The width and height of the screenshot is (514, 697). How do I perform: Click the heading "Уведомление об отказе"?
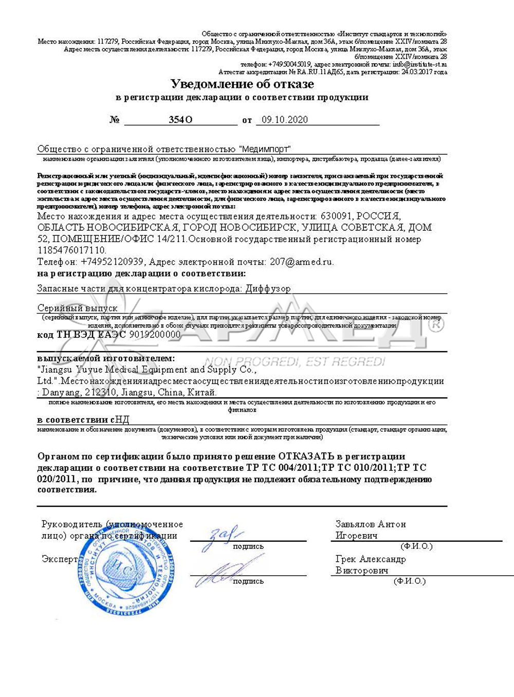point(242,84)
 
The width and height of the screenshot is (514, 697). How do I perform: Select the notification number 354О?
point(180,120)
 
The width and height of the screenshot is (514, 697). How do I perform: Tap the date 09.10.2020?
point(285,120)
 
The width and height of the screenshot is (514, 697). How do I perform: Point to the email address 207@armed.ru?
point(301,262)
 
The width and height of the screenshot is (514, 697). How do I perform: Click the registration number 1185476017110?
point(71,250)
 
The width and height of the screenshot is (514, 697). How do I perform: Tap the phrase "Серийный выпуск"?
point(78,308)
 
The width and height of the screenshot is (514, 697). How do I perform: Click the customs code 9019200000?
point(155,335)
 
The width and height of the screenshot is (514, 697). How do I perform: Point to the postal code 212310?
point(102,392)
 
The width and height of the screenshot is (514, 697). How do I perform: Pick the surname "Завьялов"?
point(355,524)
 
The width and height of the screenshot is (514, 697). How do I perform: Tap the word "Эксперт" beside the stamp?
point(60,559)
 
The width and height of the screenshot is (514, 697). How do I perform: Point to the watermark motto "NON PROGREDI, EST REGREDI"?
point(295,361)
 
